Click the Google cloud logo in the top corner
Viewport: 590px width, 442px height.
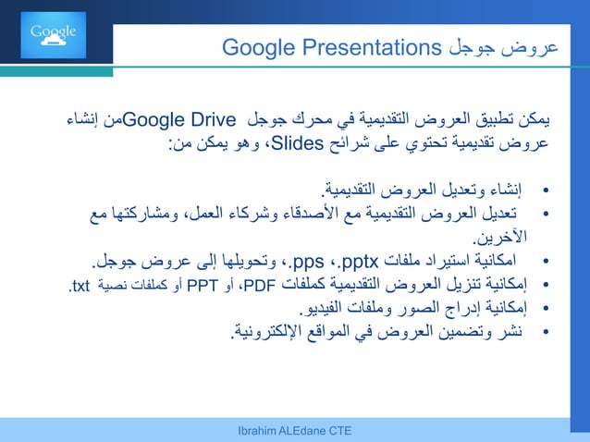point(53,35)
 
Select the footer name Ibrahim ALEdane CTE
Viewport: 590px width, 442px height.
point(294,432)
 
